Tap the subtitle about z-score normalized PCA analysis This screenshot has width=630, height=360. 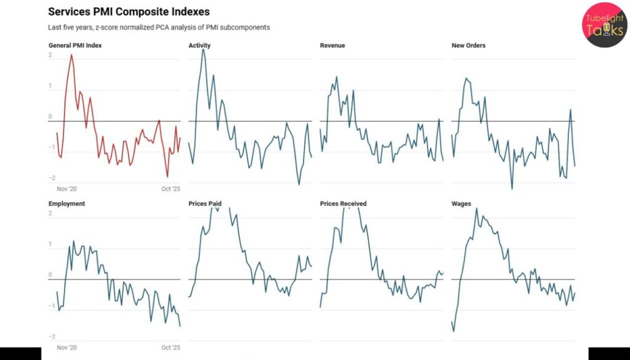pyautogui.click(x=159, y=28)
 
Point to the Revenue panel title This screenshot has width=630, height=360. pyautogui.click(x=333, y=46)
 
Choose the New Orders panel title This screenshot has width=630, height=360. pyautogui.click(x=468, y=46)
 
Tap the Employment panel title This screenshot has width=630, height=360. pyautogui.click(x=66, y=203)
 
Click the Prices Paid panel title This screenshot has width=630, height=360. pyautogui.click(x=205, y=203)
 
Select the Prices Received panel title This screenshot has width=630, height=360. pyautogui.click(x=343, y=203)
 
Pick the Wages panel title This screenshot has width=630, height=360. pyautogui.click(x=461, y=203)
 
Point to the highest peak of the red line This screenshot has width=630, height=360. pyautogui.click(x=71, y=55)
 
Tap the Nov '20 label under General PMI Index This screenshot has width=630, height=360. pyautogui.click(x=66, y=189)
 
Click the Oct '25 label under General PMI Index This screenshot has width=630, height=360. pyautogui.click(x=170, y=189)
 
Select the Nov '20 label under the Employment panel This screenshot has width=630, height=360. pyautogui.click(x=66, y=348)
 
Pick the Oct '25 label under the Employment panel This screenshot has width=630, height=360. pyautogui.click(x=170, y=348)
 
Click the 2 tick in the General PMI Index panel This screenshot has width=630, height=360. pyautogui.click(x=50, y=56)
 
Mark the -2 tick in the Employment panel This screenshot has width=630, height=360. pyautogui.click(x=52, y=337)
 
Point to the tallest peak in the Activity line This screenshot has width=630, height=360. pyautogui.click(x=203, y=49)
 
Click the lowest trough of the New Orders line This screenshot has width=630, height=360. pyautogui.click(x=512, y=188)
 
